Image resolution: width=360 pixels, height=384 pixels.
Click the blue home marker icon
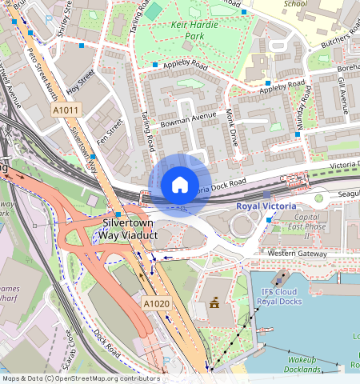[180, 185]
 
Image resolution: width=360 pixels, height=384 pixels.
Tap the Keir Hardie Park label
[183, 30]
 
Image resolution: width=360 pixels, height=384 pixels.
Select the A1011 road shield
[67, 110]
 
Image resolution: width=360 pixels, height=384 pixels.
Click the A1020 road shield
[157, 304]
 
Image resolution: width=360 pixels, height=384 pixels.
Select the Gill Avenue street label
[342, 97]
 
